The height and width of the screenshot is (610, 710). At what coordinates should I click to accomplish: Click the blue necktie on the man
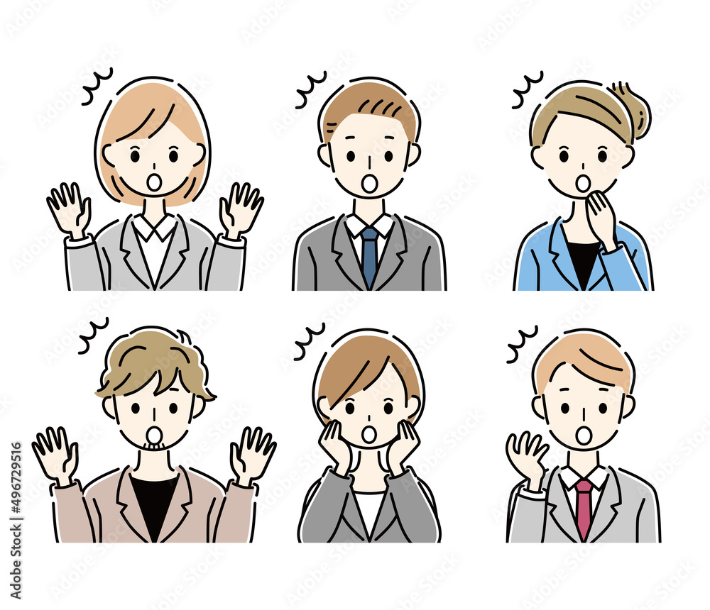click(x=369, y=255)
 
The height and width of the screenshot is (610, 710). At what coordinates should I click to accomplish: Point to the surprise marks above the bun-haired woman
click(x=528, y=89)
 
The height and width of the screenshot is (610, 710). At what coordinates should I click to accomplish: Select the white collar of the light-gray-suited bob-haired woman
click(x=155, y=226)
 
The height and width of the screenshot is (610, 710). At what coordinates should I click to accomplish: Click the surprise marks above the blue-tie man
click(x=311, y=89)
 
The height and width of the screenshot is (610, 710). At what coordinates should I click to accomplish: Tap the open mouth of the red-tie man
click(x=584, y=435)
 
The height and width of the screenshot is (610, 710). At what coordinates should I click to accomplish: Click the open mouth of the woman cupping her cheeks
click(x=369, y=433)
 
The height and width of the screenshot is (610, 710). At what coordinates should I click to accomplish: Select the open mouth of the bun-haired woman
click(x=583, y=183)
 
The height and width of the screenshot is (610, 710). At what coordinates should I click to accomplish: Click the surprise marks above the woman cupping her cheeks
click(x=310, y=342)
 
